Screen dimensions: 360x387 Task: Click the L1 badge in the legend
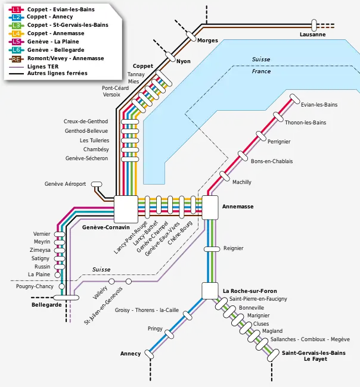pyautogui.click(x=16, y=10)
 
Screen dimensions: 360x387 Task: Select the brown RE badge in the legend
pyautogui.click(x=16, y=59)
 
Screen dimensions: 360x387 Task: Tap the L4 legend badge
pyautogui.click(x=16, y=33)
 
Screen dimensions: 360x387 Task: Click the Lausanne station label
pyautogui.click(x=312, y=35)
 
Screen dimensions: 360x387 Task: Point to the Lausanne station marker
pyautogui.click(x=314, y=25)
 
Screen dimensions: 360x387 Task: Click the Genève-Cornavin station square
pyautogui.click(x=126, y=210)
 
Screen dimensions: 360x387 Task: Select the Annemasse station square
pyautogui.click(x=210, y=208)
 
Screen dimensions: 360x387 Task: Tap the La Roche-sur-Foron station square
pyautogui.click(x=210, y=291)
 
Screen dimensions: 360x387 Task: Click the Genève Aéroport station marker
pyautogui.click(x=97, y=184)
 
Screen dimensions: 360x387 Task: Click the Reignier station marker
pyautogui.click(x=212, y=249)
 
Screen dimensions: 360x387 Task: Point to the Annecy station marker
pyautogui.click(x=149, y=354)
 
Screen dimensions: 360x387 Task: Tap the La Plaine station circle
pyautogui.click(x=57, y=274)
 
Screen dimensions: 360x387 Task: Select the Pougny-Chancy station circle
pyautogui.click(x=62, y=286)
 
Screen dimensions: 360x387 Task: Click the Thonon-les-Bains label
pyautogui.click(x=305, y=123)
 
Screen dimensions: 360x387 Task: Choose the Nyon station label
pyautogui.click(x=184, y=61)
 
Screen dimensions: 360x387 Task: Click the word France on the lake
pyautogui.click(x=261, y=71)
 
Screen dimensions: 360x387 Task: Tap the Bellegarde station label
pyautogui.click(x=46, y=305)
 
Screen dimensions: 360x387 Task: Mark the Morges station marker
pyautogui.click(x=191, y=36)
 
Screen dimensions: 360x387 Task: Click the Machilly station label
pyautogui.click(x=241, y=182)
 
